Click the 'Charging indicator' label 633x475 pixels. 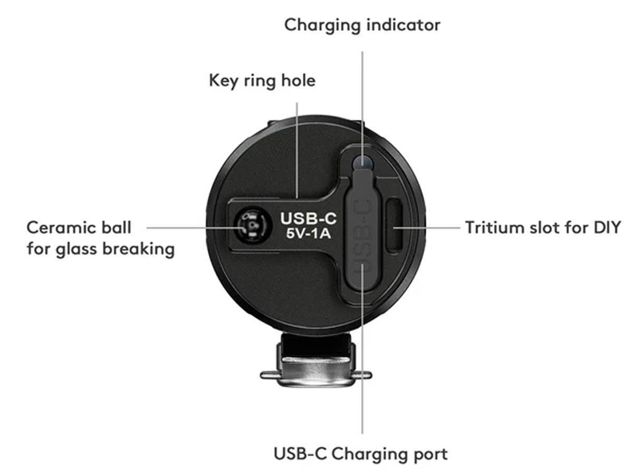coord(362,25)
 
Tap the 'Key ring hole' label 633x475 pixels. coord(262,81)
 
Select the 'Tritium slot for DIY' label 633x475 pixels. coord(543,227)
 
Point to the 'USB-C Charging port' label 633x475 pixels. coord(361,453)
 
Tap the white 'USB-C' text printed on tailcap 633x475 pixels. coord(309,218)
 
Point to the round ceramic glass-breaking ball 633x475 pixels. coord(250,227)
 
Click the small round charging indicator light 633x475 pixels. coord(363,161)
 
